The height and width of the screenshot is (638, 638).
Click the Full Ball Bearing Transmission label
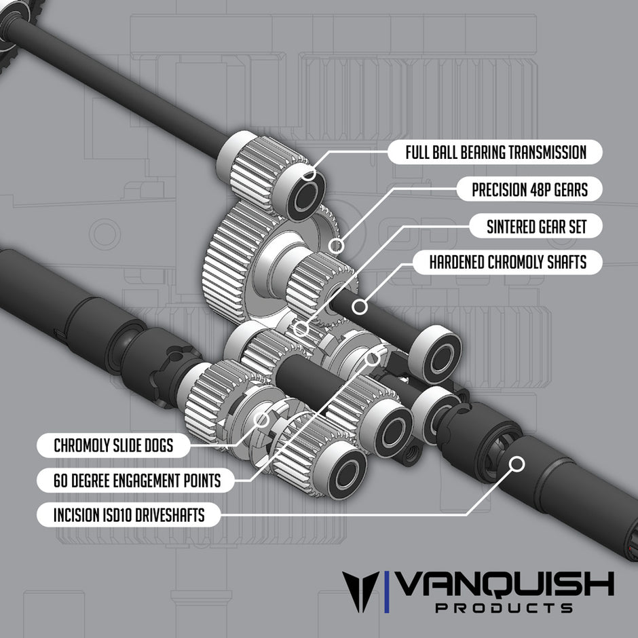coord(495,151)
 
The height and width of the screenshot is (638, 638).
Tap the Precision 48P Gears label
coord(529,189)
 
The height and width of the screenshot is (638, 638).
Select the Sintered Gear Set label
coord(536,226)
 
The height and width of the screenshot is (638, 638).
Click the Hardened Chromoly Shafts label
coord(508,262)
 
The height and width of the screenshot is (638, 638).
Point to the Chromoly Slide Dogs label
coord(113,446)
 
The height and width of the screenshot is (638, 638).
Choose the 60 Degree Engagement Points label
coord(137,481)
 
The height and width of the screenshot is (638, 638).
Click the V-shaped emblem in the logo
coord(360,590)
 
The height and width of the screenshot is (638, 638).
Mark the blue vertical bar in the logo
coord(387,590)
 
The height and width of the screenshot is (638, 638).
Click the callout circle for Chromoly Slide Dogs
coord(262,418)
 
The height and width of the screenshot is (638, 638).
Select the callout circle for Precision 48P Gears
coord(334,245)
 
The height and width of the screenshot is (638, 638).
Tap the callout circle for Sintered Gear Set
coord(301,330)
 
